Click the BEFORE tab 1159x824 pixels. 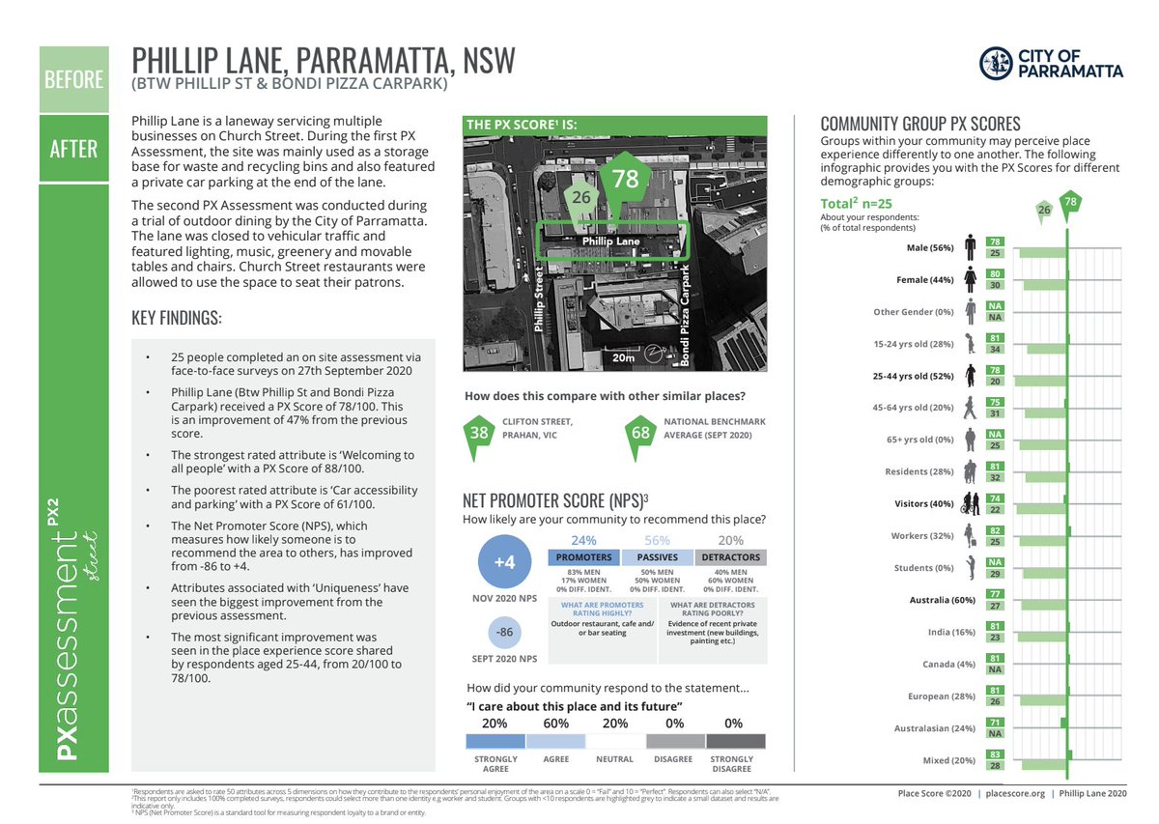click(x=71, y=78)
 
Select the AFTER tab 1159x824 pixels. click(x=71, y=149)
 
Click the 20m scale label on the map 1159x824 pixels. click(x=624, y=357)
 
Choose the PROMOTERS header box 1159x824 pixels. click(x=583, y=557)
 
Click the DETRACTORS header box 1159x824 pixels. click(x=731, y=557)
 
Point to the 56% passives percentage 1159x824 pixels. click(x=657, y=540)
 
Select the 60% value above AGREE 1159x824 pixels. click(x=555, y=723)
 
